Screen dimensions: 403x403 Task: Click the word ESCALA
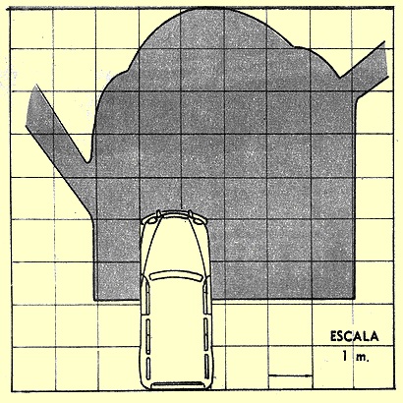[354, 337]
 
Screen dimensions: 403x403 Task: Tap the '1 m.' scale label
[355, 356]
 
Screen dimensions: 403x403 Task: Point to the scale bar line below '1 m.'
[290, 375]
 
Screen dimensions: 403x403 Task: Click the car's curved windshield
[175, 276]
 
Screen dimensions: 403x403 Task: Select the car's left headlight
[150, 221]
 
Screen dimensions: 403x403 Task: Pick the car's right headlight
[199, 221]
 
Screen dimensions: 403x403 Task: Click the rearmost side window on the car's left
[148, 368]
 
